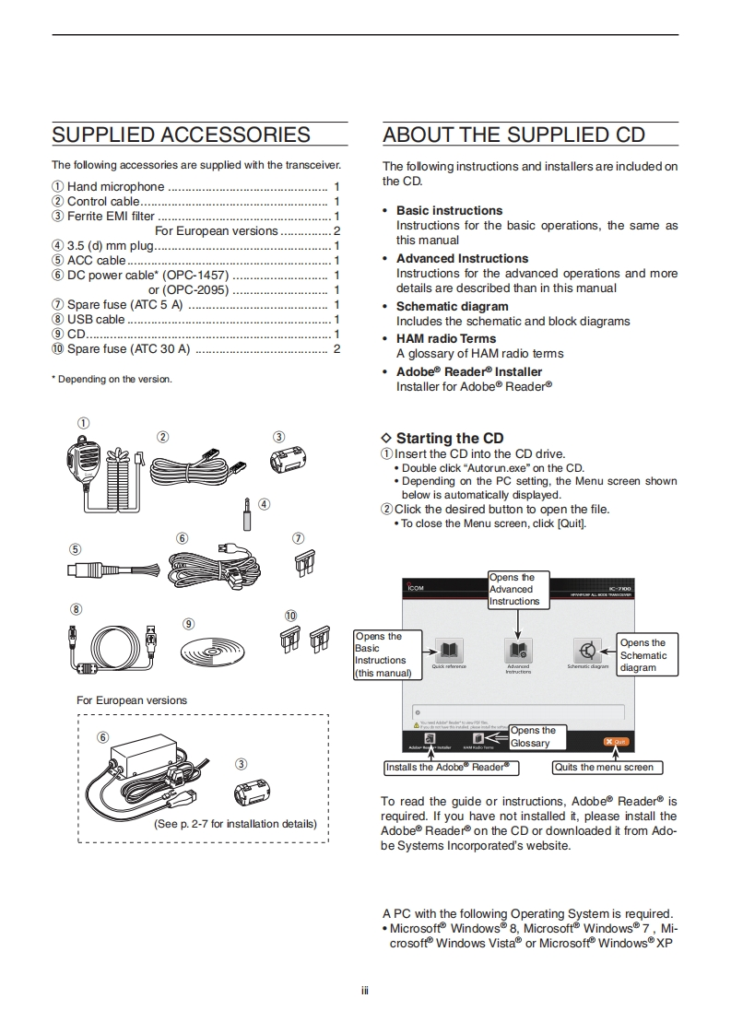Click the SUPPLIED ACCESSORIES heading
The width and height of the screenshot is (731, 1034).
(181, 135)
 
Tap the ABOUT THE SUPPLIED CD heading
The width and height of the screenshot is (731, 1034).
(513, 135)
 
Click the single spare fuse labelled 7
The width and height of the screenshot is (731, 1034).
(298, 563)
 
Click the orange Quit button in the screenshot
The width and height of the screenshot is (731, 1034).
(616, 741)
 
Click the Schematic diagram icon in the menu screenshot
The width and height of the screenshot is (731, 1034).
(587, 650)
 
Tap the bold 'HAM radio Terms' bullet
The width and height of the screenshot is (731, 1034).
(446, 338)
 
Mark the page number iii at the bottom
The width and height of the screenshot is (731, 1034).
(365, 992)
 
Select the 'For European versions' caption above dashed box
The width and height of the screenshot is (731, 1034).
(131, 700)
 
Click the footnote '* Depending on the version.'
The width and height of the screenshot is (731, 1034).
(112, 379)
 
